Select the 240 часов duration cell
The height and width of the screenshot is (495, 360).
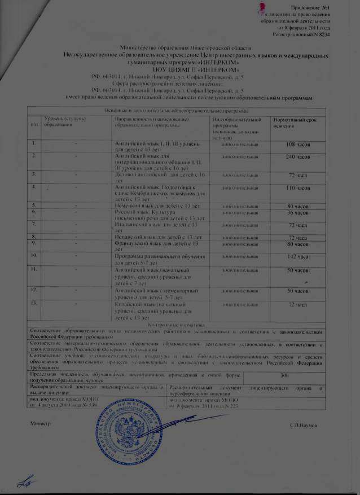pos(296,156)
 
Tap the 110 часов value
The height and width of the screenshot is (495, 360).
pos(296,187)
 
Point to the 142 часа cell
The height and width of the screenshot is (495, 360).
pos(296,256)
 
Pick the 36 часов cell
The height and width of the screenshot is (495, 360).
pos(296,212)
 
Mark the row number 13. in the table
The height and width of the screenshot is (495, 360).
pos(35,304)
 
